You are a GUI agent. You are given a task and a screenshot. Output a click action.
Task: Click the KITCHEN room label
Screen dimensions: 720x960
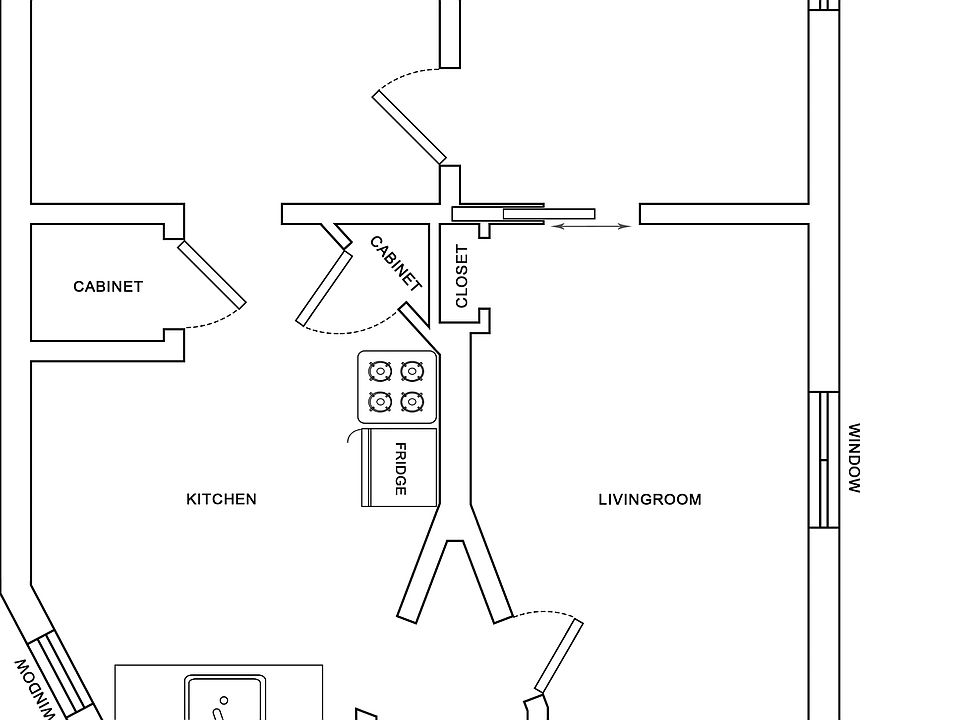[x=221, y=499]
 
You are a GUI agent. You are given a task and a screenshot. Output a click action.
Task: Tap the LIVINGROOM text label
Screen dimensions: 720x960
[x=649, y=499]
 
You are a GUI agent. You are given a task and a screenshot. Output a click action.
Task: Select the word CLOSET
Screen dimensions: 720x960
[x=461, y=276]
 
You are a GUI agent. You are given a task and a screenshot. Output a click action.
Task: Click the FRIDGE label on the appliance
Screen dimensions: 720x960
[x=400, y=469]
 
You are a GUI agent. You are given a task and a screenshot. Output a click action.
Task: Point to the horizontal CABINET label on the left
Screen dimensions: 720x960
[x=108, y=287]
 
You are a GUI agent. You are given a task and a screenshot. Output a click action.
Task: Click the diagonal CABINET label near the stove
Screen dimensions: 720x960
[x=396, y=262]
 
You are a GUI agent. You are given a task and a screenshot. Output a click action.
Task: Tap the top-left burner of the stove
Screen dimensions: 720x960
[x=379, y=372]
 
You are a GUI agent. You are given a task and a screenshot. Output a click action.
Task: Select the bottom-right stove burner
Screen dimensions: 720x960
[x=411, y=402]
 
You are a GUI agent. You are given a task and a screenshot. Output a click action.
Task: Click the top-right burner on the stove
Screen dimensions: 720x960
[x=411, y=372]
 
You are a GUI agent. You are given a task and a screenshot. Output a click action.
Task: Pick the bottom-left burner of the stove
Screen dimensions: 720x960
[x=379, y=402]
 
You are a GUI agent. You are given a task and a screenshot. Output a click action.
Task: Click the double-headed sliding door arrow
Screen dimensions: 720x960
[x=591, y=227]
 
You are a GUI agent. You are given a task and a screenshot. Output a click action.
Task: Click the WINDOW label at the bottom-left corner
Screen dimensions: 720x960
[x=34, y=688]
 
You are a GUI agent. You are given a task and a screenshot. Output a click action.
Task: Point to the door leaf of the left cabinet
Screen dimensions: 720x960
[x=211, y=274]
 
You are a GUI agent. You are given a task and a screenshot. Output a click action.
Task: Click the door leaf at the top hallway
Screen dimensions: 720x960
[x=410, y=127]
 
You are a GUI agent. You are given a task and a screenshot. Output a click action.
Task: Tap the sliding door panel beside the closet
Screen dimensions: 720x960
[x=548, y=213]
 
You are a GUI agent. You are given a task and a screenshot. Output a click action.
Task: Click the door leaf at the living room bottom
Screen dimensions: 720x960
[x=559, y=656]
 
